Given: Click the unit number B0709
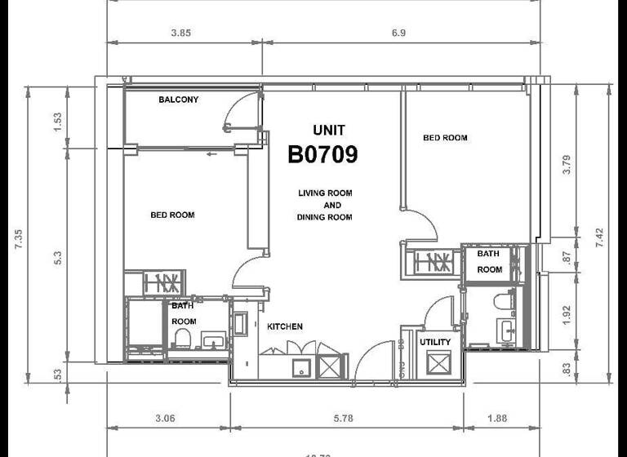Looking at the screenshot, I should pos(322,154).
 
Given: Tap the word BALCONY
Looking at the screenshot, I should pos(178,100).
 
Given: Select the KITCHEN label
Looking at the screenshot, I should pos(285,326).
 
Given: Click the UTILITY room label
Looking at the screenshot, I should pos(434,342).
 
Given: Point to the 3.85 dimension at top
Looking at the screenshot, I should pos(180,33).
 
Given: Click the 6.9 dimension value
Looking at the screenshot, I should pos(398,33).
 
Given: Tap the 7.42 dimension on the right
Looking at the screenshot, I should pos(600,237).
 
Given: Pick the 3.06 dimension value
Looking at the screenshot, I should pos(167,419).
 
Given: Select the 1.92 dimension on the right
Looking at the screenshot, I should pos(568,314).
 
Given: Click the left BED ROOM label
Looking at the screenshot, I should pos(172,215).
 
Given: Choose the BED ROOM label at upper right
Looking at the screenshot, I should pos(445,138).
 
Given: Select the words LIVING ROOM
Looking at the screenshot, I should pos(325,193).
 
